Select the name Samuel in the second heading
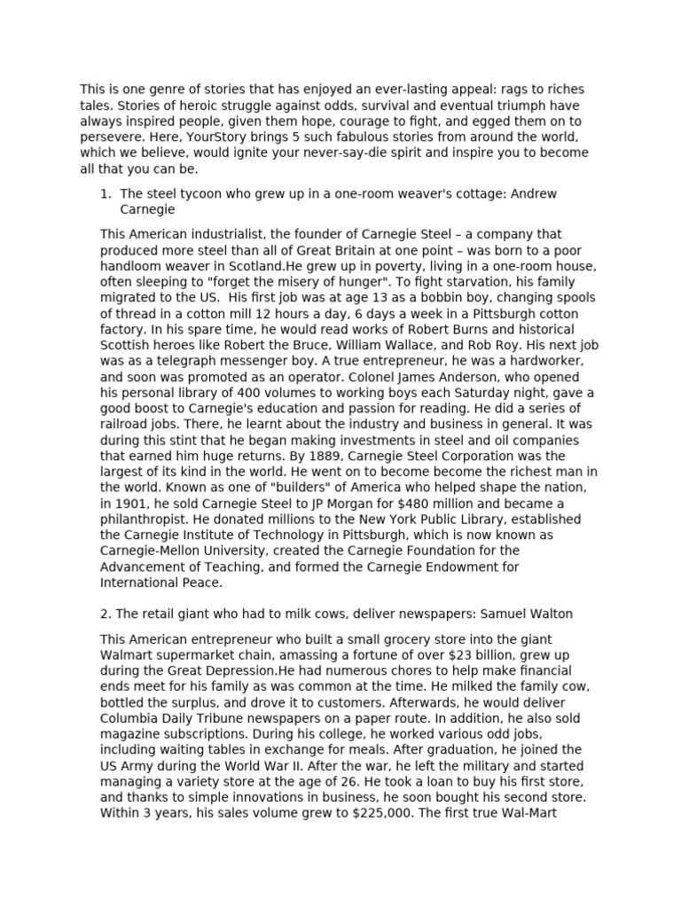click(499, 614)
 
